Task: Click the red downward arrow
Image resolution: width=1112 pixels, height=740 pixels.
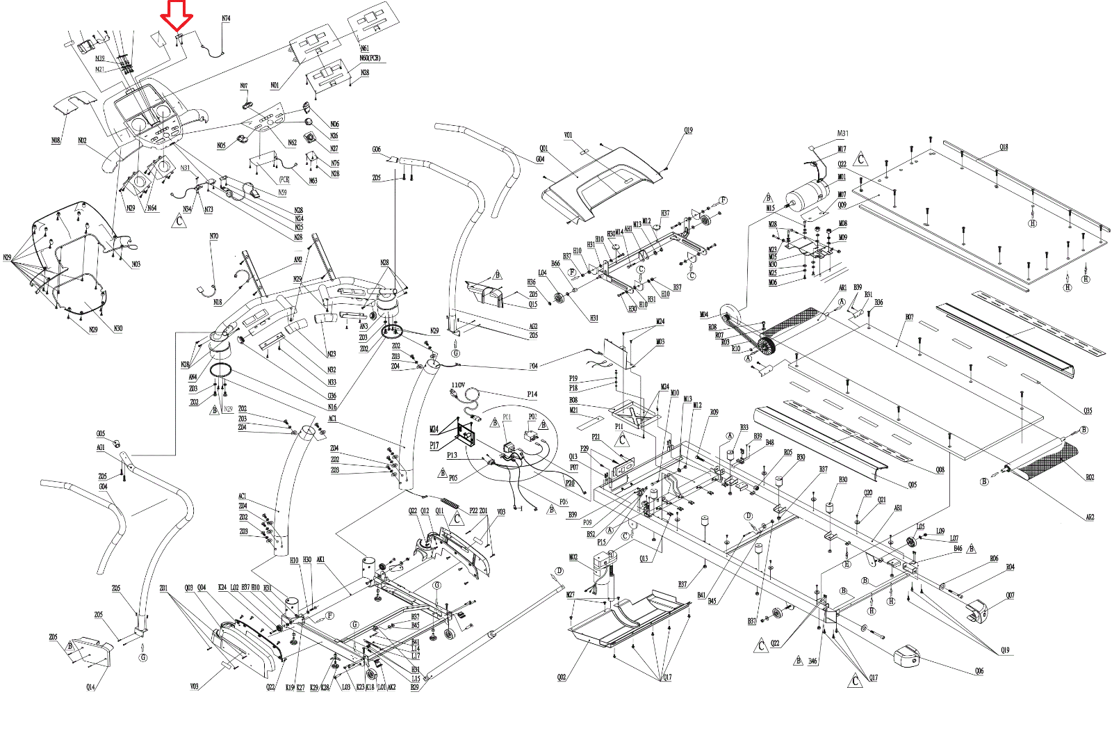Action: click(177, 16)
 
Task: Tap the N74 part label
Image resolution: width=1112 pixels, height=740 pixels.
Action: click(226, 19)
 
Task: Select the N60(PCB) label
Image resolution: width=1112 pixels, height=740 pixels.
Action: click(370, 58)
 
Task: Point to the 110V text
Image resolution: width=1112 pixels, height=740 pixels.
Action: click(458, 385)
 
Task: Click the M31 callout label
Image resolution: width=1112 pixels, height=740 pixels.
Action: click(842, 134)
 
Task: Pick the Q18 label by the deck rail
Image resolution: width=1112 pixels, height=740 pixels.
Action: click(1004, 147)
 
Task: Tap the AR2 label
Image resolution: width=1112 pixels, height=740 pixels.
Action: click(1090, 517)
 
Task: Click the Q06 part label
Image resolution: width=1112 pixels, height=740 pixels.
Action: click(979, 671)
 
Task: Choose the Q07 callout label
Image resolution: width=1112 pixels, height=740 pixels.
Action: click(1010, 595)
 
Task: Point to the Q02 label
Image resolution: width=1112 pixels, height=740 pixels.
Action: click(562, 677)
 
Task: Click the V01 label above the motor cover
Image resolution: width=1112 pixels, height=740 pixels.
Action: click(568, 136)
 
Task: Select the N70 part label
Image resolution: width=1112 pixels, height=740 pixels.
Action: click(213, 236)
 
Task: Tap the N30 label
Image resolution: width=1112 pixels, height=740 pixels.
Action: click(118, 329)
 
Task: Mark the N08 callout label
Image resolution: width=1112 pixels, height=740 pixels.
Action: click(56, 140)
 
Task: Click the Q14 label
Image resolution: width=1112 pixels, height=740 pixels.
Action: click(90, 687)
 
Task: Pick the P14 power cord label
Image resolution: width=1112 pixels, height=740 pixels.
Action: click(532, 394)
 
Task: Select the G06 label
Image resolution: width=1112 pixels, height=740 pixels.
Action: click(376, 150)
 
